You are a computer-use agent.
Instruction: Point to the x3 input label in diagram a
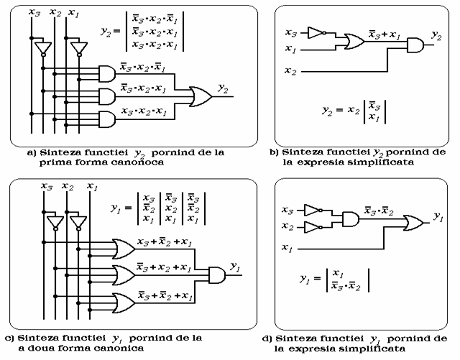click(x=33, y=11)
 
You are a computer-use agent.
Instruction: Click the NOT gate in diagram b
click(x=316, y=32)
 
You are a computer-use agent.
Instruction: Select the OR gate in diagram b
click(x=354, y=41)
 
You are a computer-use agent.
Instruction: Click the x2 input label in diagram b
click(x=290, y=70)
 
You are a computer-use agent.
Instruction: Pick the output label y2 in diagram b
click(x=435, y=34)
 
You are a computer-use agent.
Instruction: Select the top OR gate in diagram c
click(x=122, y=249)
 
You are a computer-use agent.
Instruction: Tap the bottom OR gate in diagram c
click(x=122, y=295)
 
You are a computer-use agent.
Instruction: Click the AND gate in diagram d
click(x=351, y=218)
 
